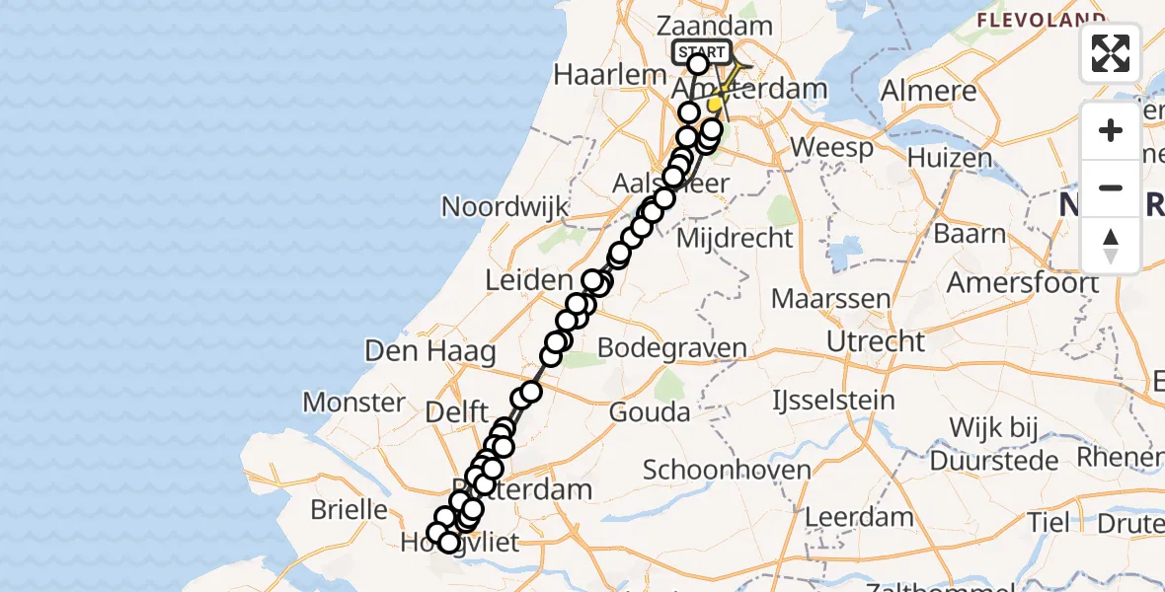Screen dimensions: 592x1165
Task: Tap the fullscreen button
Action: [1111, 53]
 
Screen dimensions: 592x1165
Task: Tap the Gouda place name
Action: [650, 411]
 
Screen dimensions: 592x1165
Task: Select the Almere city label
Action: [927, 92]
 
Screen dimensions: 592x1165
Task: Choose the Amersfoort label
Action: [1023, 282]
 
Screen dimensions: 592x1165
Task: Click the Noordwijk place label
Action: [505, 206]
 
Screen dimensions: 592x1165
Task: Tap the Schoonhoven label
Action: [713, 470]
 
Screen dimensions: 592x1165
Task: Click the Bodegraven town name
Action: [672, 347]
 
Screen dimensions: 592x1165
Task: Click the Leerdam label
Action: [860, 516]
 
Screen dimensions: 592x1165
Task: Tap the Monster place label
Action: [353, 403]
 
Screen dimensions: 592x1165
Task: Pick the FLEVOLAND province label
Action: [1041, 19]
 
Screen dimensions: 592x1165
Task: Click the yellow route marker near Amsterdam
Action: [714, 104]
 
